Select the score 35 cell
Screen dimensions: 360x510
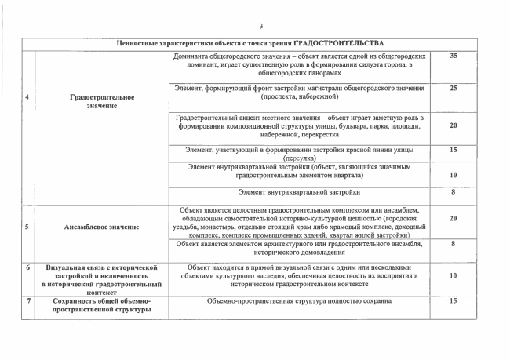(454, 56)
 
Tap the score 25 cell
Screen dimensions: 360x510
(454, 88)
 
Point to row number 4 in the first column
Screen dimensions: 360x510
(27, 97)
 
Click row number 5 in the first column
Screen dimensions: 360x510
(27, 227)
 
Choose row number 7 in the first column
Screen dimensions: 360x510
(27, 300)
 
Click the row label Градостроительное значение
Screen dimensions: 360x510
(102, 101)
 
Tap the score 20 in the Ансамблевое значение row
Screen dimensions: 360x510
(454, 219)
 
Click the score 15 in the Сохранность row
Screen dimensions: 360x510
(454, 300)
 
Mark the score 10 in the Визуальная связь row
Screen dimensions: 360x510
(454, 276)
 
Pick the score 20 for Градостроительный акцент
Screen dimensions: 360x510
(454, 125)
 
